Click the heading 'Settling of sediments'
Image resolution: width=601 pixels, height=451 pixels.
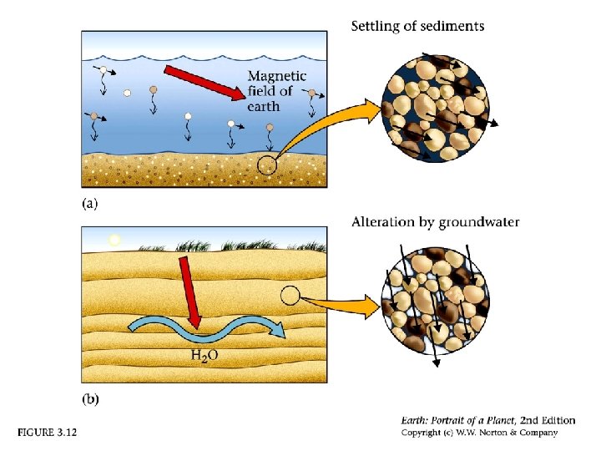(x=417, y=27)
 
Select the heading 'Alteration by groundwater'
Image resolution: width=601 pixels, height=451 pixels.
(x=435, y=222)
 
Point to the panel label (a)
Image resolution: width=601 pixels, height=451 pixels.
(x=89, y=202)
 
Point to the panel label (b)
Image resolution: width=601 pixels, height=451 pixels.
(x=89, y=399)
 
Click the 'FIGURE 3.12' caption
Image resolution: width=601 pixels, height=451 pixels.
(x=48, y=433)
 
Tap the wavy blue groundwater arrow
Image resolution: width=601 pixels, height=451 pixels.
(x=205, y=330)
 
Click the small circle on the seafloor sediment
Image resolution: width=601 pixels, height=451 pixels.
(x=266, y=165)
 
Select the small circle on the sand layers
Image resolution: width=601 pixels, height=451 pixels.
(x=290, y=295)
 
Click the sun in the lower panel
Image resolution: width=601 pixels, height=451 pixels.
(x=115, y=240)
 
